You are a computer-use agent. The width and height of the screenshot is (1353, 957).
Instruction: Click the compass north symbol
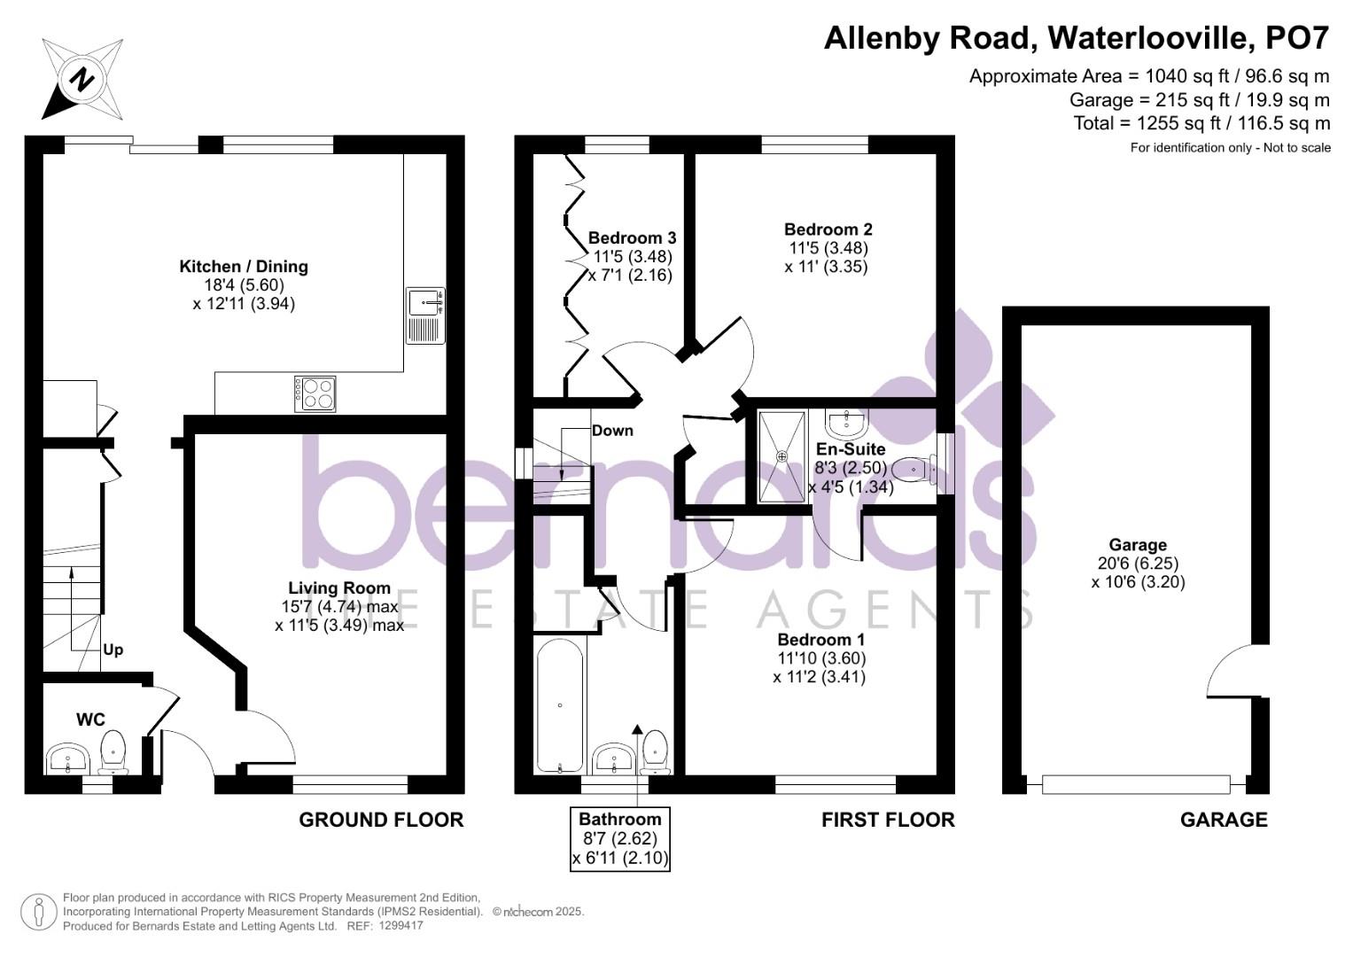pos(82,80)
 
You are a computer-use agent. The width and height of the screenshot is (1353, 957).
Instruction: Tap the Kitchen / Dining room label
pos(244,267)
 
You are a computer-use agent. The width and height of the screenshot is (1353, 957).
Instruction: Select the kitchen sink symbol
pos(426,315)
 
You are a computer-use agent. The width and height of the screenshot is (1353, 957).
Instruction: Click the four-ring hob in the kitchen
pos(316,393)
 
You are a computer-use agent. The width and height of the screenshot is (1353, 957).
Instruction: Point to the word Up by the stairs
pos(113,650)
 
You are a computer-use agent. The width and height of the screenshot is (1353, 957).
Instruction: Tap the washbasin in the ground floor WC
pos(67,759)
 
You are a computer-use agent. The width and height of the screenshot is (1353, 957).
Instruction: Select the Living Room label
pos(339,587)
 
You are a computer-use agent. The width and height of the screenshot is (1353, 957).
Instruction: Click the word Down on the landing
pos(612,431)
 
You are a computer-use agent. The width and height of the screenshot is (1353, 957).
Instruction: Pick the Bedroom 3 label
pos(632,237)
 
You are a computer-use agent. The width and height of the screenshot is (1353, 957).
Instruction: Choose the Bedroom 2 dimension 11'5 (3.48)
pos(828,248)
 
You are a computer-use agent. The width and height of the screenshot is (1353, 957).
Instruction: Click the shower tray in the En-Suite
pos(781,456)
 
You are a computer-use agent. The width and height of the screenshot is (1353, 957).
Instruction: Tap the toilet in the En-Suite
pos(914,469)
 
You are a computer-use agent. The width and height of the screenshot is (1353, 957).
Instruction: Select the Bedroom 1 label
pos(820,639)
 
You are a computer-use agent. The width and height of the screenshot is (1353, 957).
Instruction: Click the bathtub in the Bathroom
pos(560,706)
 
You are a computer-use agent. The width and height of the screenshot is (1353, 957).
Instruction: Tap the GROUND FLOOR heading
pos(381,820)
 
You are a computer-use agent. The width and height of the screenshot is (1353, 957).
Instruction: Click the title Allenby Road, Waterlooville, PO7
pos(1077,38)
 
